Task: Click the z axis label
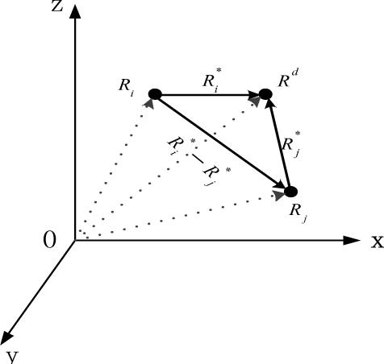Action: tap(57, 8)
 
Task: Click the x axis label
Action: tap(376, 241)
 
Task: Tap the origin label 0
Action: tap(51, 240)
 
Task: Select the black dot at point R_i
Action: tap(155, 95)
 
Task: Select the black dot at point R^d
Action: tap(265, 95)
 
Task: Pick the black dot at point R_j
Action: tap(291, 192)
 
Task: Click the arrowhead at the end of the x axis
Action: tap(352, 240)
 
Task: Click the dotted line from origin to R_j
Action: tap(186, 214)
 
